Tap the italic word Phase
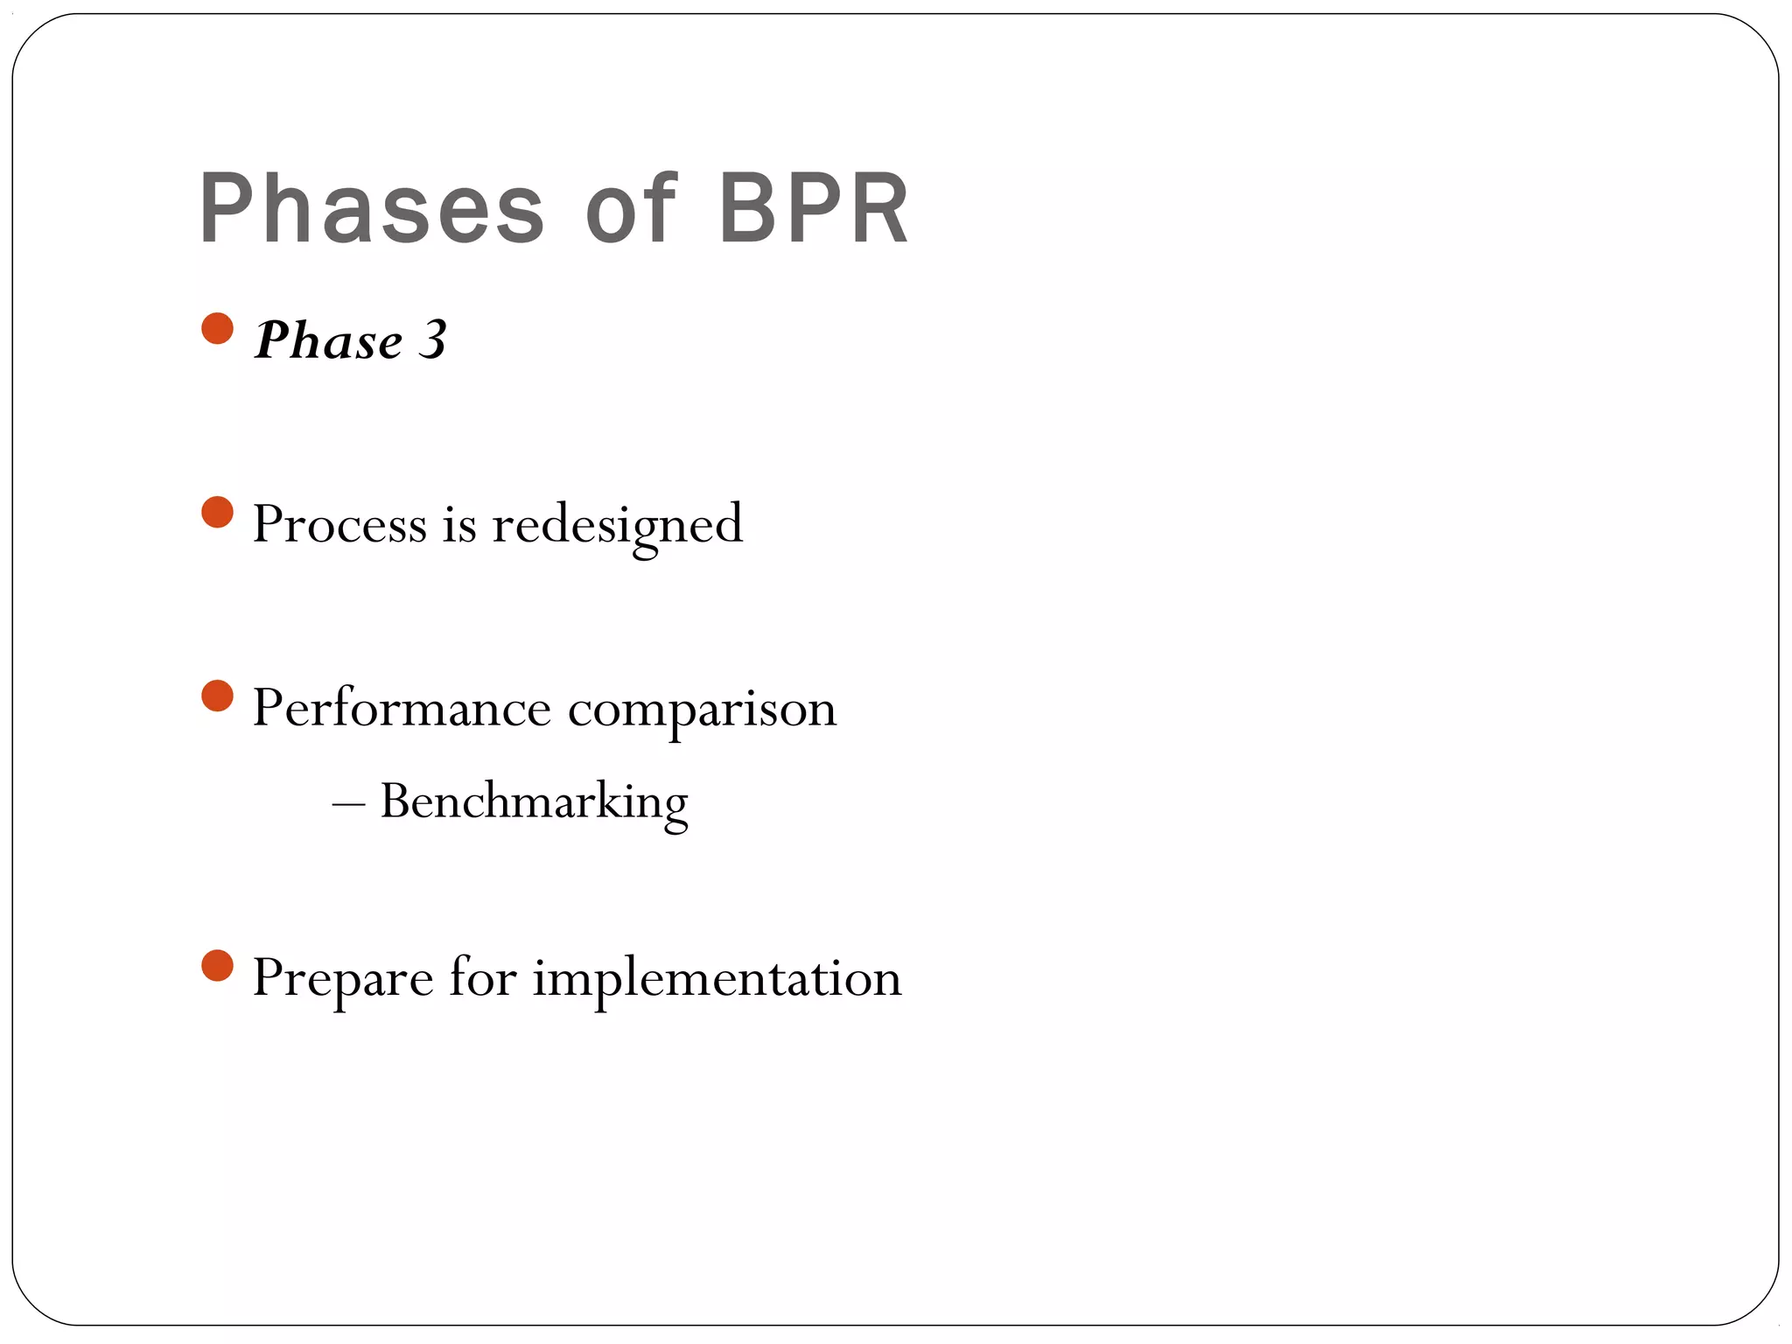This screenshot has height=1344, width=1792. pyautogui.click(x=328, y=340)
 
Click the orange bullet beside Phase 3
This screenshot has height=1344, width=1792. pyautogui.click(x=217, y=329)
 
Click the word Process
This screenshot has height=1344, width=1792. pyautogui.click(x=339, y=524)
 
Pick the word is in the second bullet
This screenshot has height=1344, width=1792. pyautogui.click(x=459, y=524)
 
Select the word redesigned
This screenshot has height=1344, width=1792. pyautogui.click(x=617, y=525)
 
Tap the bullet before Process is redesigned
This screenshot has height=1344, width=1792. pyautogui.click(x=217, y=513)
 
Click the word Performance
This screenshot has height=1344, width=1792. pyautogui.click(x=402, y=708)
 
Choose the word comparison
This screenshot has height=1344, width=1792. pyautogui.click(x=702, y=710)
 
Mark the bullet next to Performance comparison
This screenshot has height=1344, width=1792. pyautogui.click(x=217, y=696)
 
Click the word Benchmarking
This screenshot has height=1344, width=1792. pyautogui.click(x=534, y=801)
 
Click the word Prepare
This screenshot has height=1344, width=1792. pyautogui.click(x=342, y=978)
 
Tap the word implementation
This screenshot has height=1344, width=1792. pyautogui.click(x=717, y=978)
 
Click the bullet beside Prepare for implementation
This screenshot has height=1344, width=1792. pyautogui.click(x=217, y=966)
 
